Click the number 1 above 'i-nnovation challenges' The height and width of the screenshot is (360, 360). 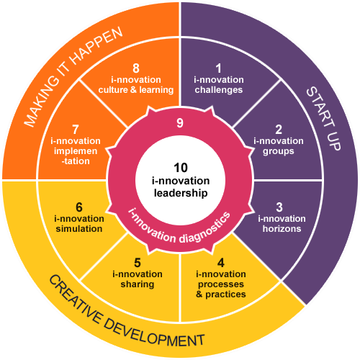(x=218, y=68)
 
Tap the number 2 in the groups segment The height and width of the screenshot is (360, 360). (x=279, y=130)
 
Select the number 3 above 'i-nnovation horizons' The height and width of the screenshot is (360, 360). (x=279, y=207)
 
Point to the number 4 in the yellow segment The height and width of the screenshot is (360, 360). (x=221, y=263)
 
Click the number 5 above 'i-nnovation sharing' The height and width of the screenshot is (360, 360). (x=138, y=263)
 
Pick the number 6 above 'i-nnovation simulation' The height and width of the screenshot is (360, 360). (x=79, y=207)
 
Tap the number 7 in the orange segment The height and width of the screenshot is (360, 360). (x=76, y=130)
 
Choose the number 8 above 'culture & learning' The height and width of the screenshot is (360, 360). (x=136, y=68)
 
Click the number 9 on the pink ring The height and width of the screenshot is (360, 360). (x=180, y=123)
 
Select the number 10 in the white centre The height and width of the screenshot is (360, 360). (x=181, y=168)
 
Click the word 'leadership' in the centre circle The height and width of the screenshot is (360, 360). (x=181, y=194)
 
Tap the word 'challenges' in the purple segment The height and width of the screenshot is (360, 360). (x=219, y=90)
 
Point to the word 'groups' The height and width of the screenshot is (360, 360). (x=279, y=152)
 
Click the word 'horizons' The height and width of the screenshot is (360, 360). (x=282, y=229)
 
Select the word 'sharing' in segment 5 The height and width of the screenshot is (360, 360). (x=138, y=284)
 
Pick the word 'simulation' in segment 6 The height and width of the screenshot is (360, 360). (x=79, y=229)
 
